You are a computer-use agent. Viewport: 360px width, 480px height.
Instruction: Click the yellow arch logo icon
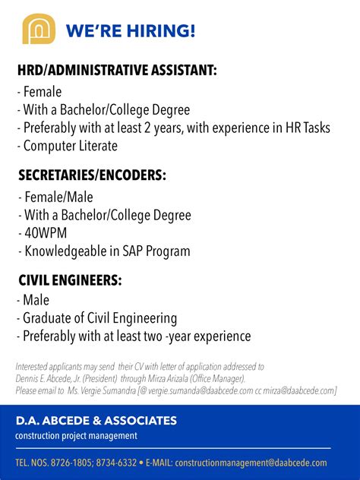(39, 30)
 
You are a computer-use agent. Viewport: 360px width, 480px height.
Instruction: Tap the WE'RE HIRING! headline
(130, 30)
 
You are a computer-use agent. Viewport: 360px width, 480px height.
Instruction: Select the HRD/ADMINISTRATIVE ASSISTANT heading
(118, 71)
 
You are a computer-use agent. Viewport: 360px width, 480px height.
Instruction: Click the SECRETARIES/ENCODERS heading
(92, 175)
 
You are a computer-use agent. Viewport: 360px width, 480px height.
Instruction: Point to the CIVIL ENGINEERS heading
(70, 280)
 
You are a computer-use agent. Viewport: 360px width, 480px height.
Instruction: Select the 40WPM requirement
(48, 232)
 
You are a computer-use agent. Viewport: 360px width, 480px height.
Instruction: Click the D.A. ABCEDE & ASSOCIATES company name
(96, 421)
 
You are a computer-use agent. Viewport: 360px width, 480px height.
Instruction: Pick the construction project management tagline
(76, 436)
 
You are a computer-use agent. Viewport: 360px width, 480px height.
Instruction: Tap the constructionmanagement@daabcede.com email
(251, 463)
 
